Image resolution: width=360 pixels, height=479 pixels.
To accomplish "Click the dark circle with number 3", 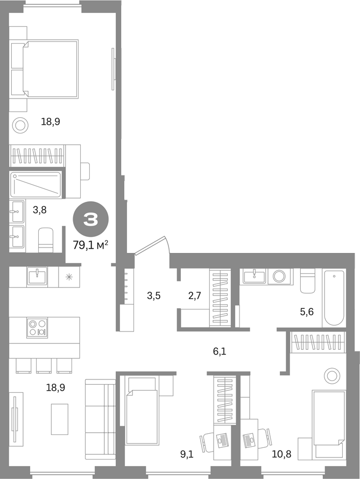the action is pyautogui.click(x=90, y=220).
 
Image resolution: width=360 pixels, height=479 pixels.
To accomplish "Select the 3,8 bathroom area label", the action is pyautogui.click(x=40, y=210).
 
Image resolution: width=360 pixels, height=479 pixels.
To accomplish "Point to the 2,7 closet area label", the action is pyautogui.click(x=194, y=295).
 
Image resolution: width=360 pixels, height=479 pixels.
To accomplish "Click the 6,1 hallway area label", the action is pyautogui.click(x=220, y=351).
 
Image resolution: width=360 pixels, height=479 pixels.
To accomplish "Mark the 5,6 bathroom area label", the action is pyautogui.click(x=307, y=312).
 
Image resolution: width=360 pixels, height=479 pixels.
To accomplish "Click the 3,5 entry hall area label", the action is pyautogui.click(x=153, y=295).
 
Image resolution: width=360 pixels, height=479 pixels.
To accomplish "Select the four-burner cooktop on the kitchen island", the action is pyautogui.click(x=37, y=328).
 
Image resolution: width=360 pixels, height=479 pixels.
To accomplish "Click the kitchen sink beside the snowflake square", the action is pyautogui.click(x=37, y=276).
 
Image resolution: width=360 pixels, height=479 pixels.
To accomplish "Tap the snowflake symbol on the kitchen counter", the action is pyautogui.click(x=69, y=277).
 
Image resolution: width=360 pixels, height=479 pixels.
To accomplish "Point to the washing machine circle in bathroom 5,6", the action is pyautogui.click(x=279, y=276).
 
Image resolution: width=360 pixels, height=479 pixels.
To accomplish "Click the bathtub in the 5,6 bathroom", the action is pyautogui.click(x=334, y=298).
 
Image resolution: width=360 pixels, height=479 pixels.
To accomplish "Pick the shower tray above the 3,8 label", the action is pyautogui.click(x=36, y=185).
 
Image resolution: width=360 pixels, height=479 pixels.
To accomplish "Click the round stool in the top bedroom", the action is pyautogui.click(x=20, y=125).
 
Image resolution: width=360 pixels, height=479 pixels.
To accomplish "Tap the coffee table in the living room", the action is pyautogui.click(x=60, y=419).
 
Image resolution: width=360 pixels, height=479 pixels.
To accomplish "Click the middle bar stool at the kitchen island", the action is pyautogui.click(x=44, y=365).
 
